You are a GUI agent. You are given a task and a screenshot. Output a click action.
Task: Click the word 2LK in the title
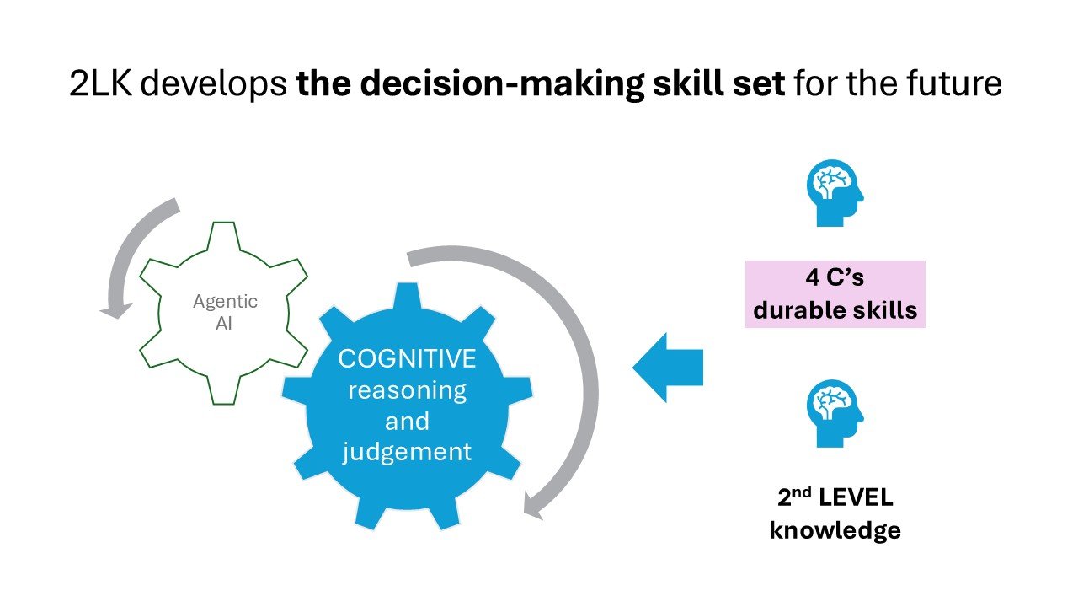pos(100,84)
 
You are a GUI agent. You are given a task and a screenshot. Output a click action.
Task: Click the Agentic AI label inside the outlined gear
pos(225,311)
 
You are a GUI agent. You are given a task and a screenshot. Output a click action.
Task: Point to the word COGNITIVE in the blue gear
pos(407,358)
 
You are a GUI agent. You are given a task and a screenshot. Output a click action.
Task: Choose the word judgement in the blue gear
pos(407,451)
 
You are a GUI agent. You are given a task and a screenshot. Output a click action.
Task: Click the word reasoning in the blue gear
pos(407,389)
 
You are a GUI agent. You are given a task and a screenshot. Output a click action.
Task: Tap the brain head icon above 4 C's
pos(834,193)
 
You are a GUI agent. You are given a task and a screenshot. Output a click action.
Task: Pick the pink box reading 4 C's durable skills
pos(835,293)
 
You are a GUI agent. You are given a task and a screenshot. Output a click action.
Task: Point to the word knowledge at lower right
pos(835,530)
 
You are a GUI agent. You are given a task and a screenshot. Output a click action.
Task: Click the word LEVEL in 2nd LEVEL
pos(857,497)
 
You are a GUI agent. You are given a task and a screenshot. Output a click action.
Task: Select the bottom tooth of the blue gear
pos(407,516)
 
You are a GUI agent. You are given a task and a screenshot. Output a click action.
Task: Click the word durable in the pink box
pos(792,309)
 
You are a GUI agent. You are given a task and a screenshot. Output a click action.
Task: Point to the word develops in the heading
pos(211,84)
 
